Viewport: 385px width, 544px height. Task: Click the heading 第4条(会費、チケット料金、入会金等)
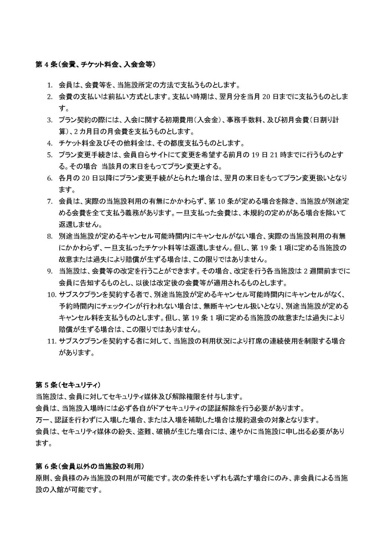pos(96,64)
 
